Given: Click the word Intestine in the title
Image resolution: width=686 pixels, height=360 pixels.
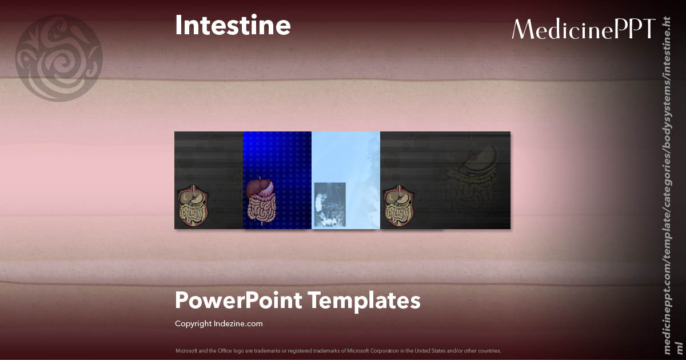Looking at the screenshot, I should point(233,26).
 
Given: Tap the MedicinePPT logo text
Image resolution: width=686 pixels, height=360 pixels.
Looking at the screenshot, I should point(583,29).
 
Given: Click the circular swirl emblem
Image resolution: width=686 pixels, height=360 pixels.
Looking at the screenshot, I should point(59,58).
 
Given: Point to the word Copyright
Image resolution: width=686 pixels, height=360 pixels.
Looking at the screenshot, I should point(193,324).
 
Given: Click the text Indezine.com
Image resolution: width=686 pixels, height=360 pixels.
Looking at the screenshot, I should point(238,324).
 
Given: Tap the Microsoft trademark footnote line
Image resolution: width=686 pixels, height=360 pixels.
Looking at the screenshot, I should point(338,350).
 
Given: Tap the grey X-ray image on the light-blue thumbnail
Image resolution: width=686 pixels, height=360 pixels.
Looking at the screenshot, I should point(330,204).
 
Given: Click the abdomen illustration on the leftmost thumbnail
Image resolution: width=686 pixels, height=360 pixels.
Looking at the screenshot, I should point(194,206).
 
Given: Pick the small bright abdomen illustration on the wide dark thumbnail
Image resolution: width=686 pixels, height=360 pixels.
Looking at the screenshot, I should point(399,206).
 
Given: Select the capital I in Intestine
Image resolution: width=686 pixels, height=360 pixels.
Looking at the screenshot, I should point(178,26).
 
